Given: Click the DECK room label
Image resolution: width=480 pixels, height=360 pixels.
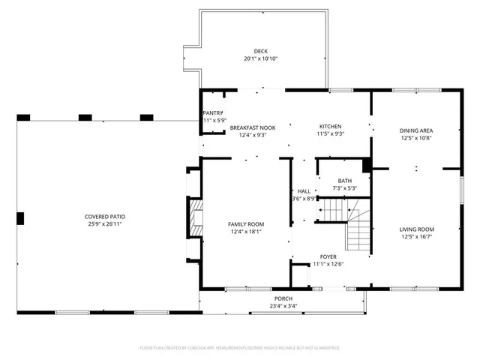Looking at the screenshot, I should click(x=260, y=51).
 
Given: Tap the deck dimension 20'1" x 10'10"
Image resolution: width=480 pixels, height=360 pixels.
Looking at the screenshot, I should click(x=260, y=58).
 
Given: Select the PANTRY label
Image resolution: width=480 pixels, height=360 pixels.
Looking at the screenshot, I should click(x=214, y=112).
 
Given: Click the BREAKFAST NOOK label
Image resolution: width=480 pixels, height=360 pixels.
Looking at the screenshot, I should click(x=252, y=127).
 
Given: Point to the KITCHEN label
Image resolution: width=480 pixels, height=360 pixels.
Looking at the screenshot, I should click(x=330, y=126).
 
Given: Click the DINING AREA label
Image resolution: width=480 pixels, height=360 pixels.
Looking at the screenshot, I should click(x=416, y=130).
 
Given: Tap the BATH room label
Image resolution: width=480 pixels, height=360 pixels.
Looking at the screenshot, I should click(x=344, y=180).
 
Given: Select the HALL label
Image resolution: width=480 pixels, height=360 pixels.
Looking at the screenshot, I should click(x=304, y=190).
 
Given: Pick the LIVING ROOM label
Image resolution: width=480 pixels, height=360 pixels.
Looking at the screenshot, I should click(x=416, y=229).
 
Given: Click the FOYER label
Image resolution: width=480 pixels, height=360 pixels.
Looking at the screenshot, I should click(x=328, y=256).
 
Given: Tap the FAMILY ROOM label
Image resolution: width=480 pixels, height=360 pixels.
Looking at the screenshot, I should click(x=246, y=224).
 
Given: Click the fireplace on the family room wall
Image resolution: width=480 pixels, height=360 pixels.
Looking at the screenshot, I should click(x=194, y=218).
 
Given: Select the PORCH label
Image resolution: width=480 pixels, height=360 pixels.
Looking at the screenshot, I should click(x=283, y=298).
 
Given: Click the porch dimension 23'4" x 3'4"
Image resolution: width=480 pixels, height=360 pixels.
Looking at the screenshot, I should click(x=283, y=306).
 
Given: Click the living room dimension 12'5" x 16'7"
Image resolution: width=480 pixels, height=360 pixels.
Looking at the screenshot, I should click(x=416, y=237).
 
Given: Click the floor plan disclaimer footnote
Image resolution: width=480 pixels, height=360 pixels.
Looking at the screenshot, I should click(x=240, y=348).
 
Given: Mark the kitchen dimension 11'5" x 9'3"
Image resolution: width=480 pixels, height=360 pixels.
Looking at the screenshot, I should click(x=330, y=134).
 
